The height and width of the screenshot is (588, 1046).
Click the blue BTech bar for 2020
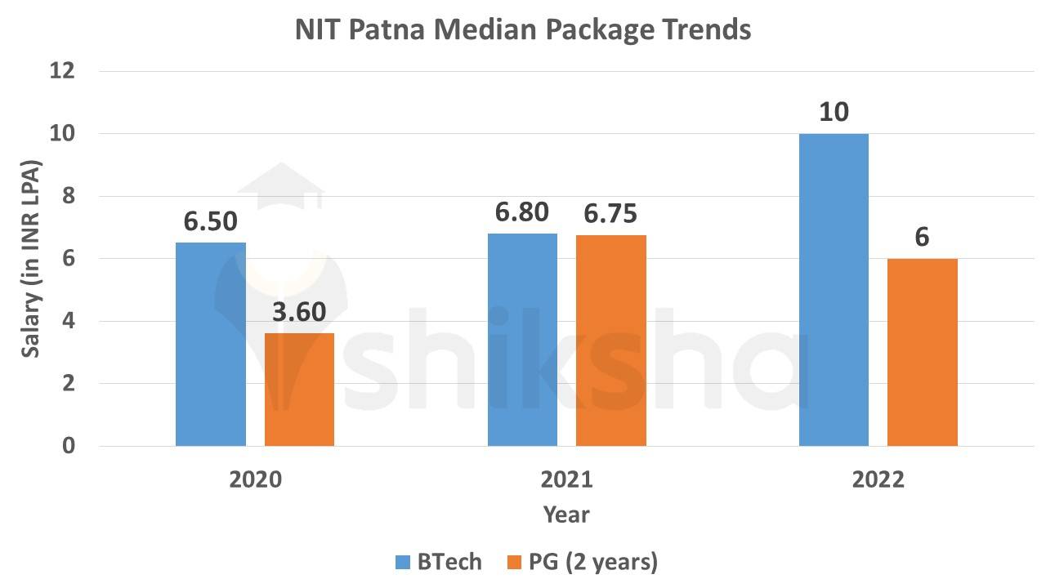[x=211, y=344]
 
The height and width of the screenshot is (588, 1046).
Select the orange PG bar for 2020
[x=299, y=390]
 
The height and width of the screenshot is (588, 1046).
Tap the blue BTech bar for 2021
[x=522, y=340]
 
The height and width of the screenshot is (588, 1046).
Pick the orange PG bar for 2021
[x=610, y=341]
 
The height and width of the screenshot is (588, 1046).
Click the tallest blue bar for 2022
[x=834, y=290]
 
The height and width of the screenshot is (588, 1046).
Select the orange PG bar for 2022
[x=922, y=352]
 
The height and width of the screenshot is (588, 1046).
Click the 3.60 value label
[x=299, y=313]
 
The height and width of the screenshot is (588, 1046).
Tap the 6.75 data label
[x=610, y=214]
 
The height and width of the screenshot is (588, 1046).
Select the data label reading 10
[x=834, y=113]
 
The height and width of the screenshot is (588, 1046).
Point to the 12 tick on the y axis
[x=62, y=71]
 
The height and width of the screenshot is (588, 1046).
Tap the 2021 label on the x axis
[x=566, y=479]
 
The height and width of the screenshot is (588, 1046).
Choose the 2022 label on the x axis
[x=878, y=479]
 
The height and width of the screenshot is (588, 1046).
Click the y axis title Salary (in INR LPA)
[x=31, y=258]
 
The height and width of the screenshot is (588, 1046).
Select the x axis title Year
[x=566, y=515]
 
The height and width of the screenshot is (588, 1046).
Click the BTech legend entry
[x=438, y=563]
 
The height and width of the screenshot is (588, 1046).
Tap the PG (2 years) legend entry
[x=581, y=563]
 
